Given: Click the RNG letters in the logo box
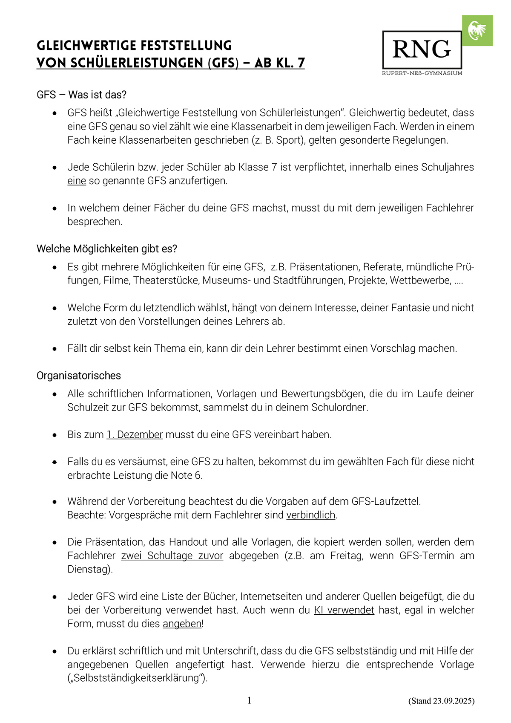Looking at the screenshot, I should (x=421, y=49).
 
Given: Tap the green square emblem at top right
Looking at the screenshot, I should (x=477, y=31).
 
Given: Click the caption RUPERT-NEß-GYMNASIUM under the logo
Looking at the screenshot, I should (x=422, y=73).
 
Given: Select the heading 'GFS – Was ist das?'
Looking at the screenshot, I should (x=81, y=95).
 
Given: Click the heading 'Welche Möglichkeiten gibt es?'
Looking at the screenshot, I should (x=106, y=249).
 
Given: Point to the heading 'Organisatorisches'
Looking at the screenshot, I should (x=79, y=376).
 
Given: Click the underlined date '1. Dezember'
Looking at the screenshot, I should (x=135, y=434).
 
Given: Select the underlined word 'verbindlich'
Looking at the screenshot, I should (x=310, y=515).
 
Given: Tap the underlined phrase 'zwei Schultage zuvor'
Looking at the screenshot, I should (x=172, y=555).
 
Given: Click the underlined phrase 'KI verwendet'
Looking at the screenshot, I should (x=344, y=610).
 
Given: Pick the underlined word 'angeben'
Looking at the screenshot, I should (x=182, y=624).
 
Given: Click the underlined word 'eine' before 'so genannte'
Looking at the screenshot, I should (x=77, y=181).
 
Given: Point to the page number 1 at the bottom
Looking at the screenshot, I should (x=249, y=700).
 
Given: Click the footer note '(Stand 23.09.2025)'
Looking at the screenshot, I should (x=441, y=701).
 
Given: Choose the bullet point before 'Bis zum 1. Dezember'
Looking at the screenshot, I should (x=55, y=435).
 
